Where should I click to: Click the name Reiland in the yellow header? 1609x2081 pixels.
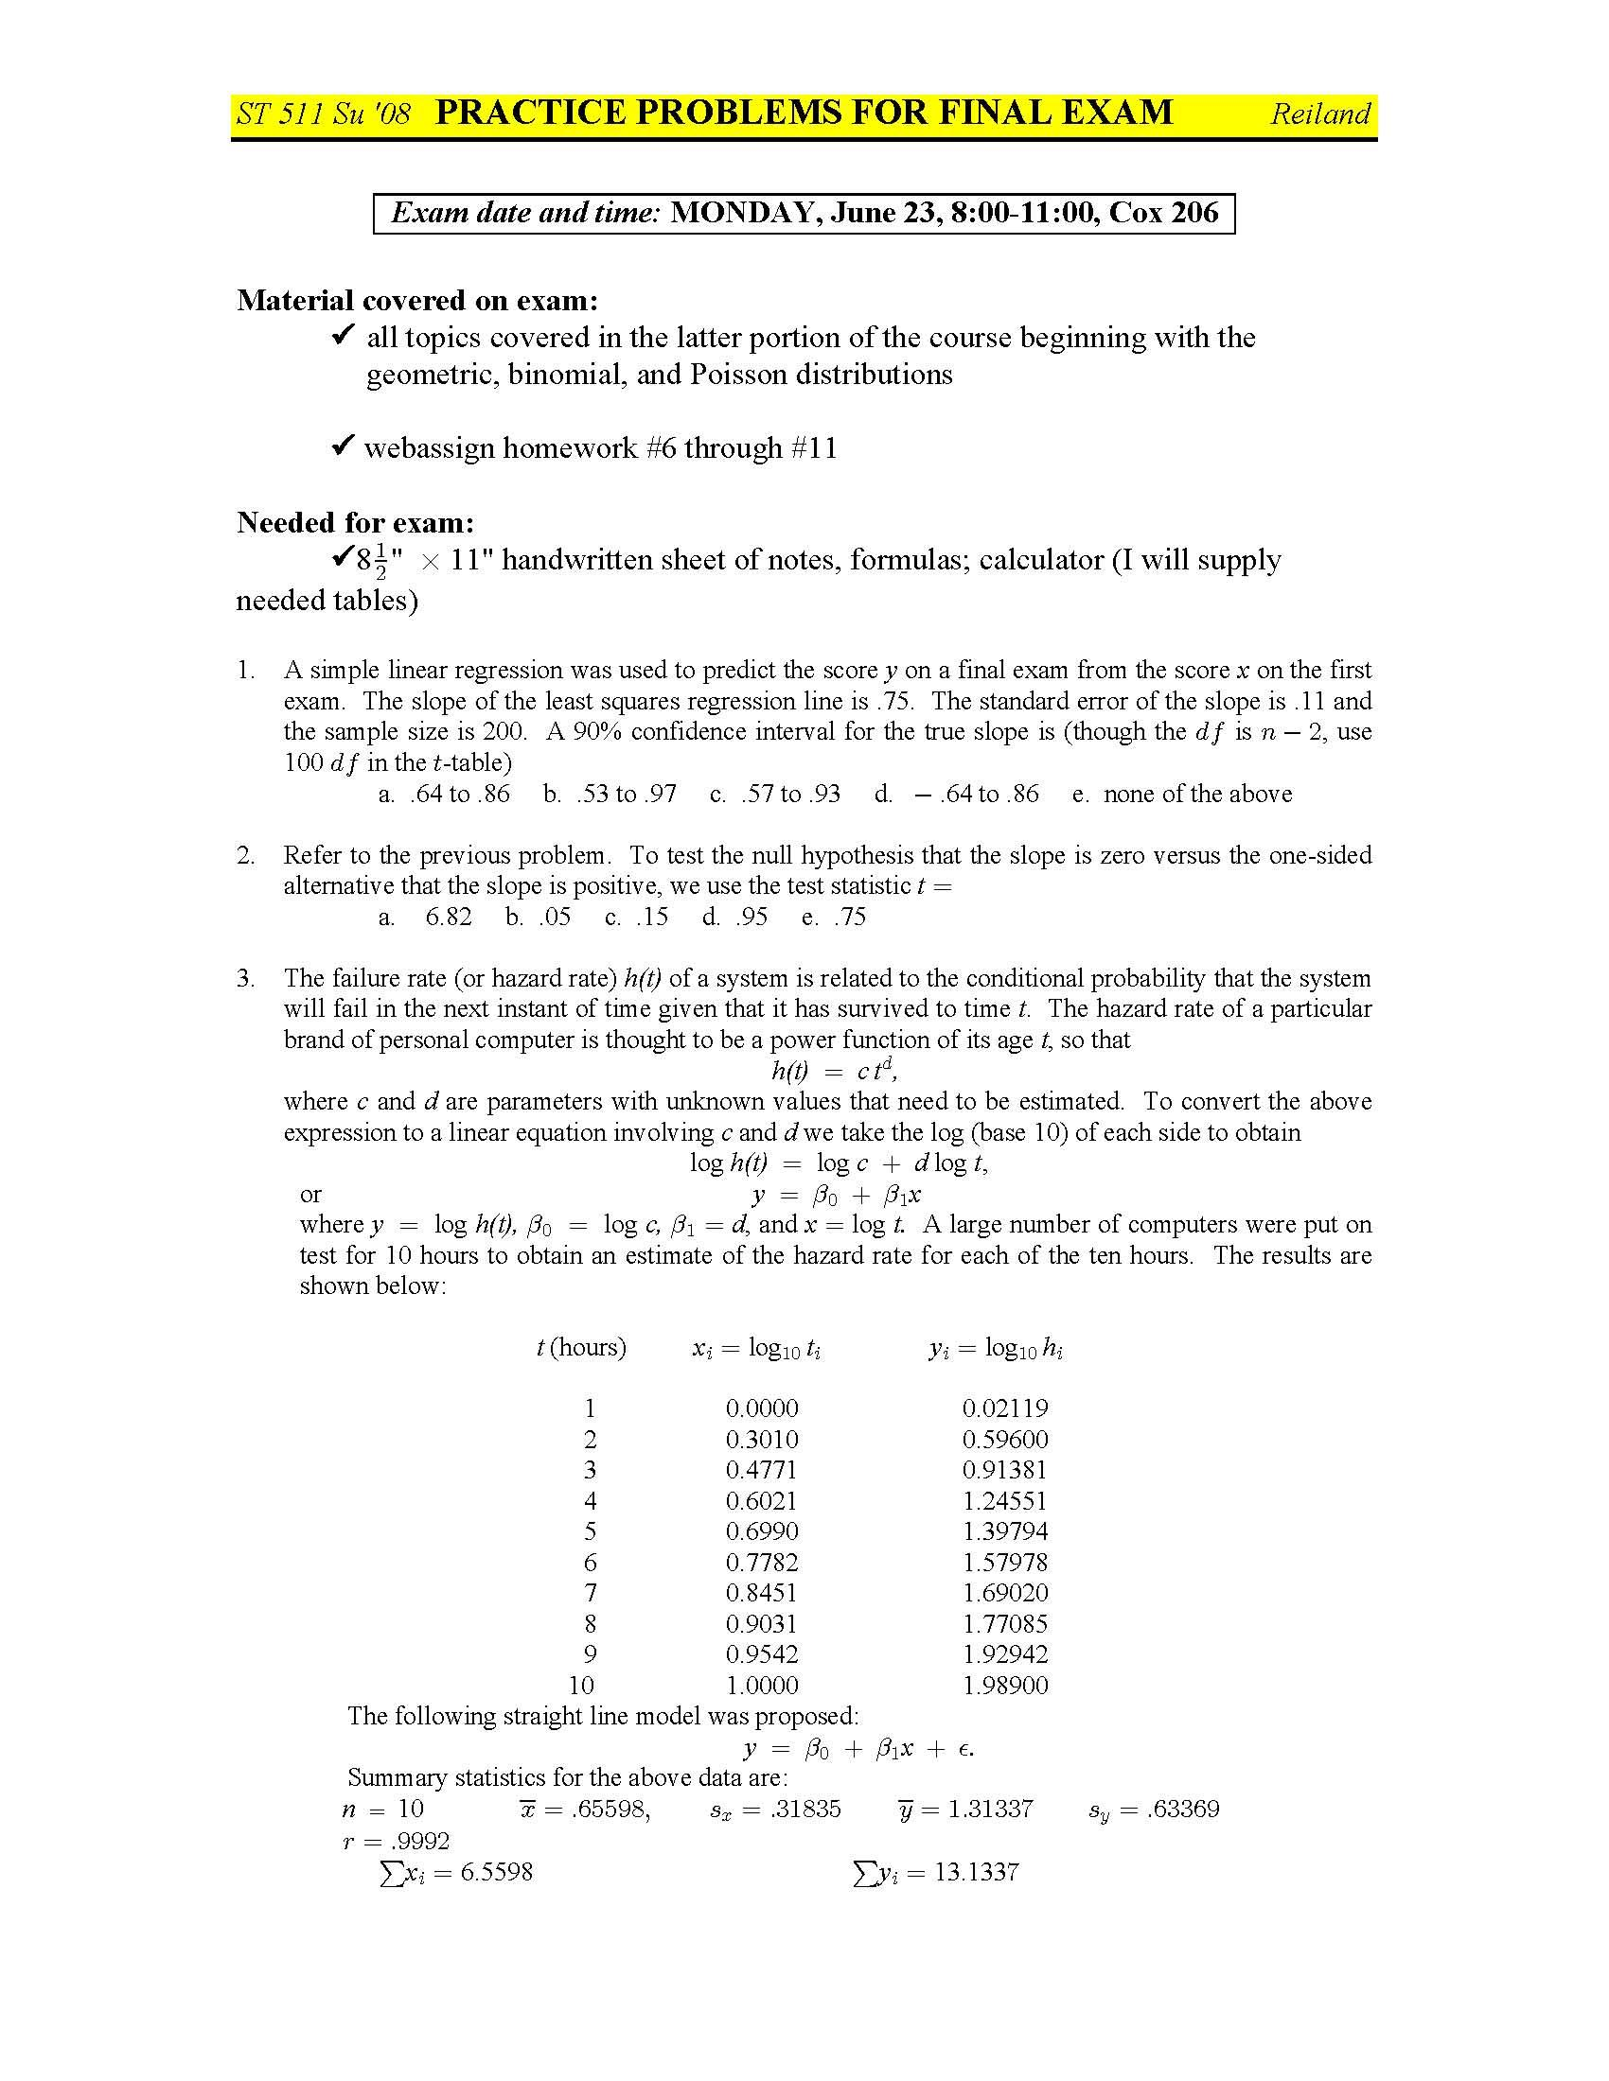pyautogui.click(x=1319, y=114)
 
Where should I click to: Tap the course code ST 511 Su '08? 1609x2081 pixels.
pyautogui.click(x=323, y=114)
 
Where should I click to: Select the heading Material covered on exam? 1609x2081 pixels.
pyautogui.click(x=417, y=300)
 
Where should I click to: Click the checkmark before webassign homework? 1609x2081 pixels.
pyautogui.click(x=343, y=446)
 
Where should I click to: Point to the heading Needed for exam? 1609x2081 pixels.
pyautogui.click(x=356, y=522)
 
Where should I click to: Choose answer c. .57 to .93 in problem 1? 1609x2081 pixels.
pyautogui.click(x=775, y=794)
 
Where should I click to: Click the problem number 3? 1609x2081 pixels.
pyautogui.click(x=246, y=978)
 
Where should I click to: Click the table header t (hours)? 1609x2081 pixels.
pyautogui.click(x=581, y=1347)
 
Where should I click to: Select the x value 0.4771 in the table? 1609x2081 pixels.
pyautogui.click(x=762, y=1469)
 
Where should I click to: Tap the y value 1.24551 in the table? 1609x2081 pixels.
pyautogui.click(x=1004, y=1501)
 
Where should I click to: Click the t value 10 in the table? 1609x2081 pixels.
pyautogui.click(x=581, y=1685)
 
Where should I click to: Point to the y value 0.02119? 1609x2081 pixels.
pyautogui.click(x=1004, y=1408)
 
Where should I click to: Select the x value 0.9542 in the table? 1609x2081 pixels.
pyautogui.click(x=762, y=1654)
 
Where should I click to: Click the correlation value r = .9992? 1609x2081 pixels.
pyautogui.click(x=396, y=1841)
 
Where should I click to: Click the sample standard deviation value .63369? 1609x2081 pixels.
pyautogui.click(x=1183, y=1809)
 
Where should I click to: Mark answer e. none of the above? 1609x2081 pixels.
pyautogui.click(x=1182, y=794)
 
